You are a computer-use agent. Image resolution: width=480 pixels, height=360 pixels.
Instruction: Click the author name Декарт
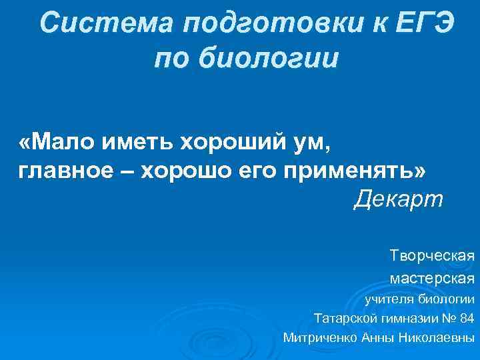[397, 199]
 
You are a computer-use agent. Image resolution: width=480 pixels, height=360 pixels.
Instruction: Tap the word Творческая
[433, 255]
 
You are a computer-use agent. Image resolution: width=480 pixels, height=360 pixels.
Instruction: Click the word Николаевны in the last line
[437, 337]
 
